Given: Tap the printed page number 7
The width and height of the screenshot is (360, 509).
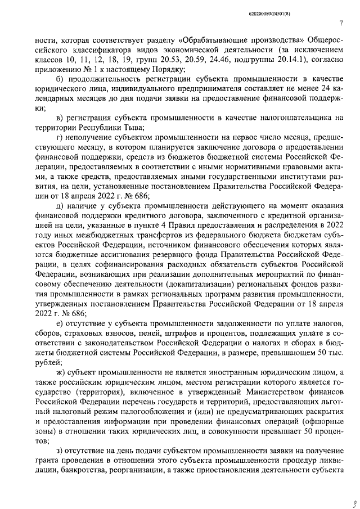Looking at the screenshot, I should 341,23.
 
